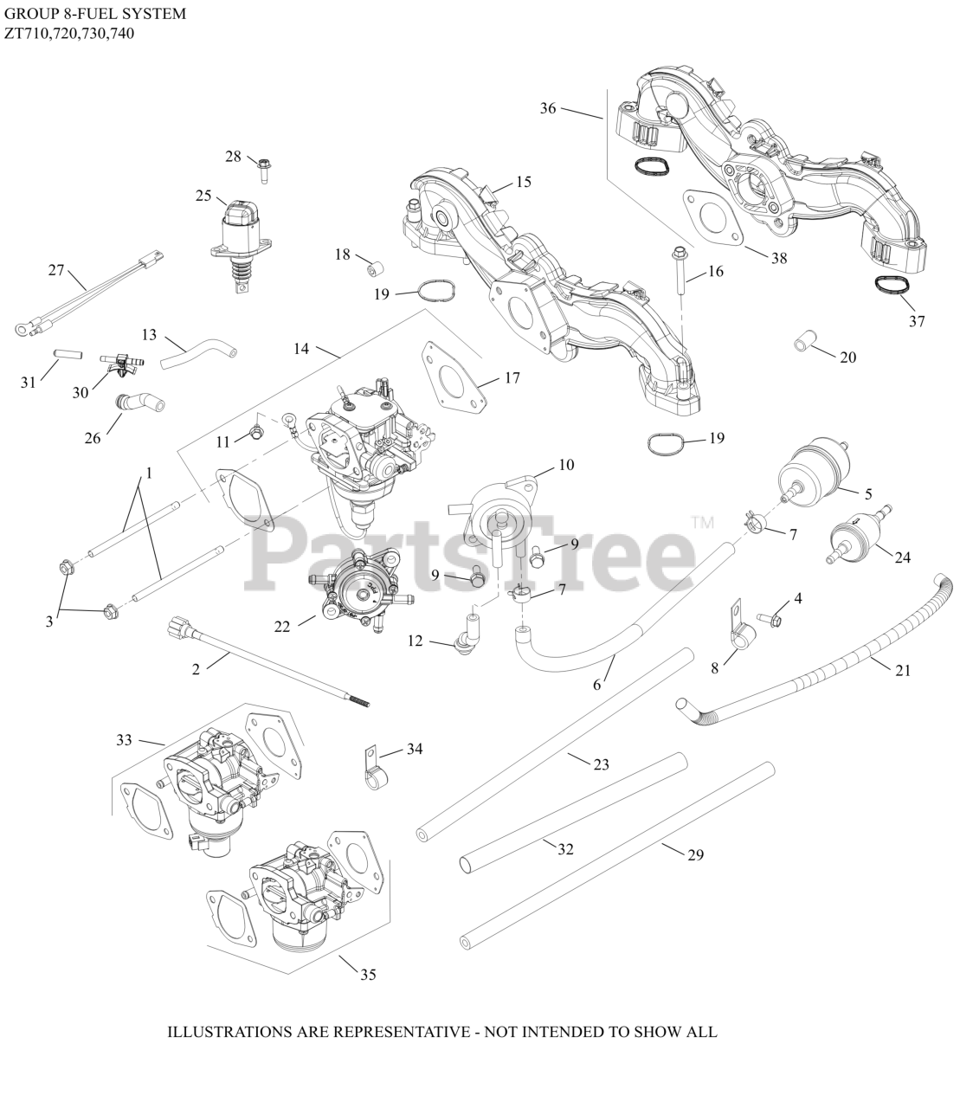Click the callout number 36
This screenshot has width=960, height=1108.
548,108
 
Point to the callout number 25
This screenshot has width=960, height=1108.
203,196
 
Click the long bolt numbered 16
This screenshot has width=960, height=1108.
680,270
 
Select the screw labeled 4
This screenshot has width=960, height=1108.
770,619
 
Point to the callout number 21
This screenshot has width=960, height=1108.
903,669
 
